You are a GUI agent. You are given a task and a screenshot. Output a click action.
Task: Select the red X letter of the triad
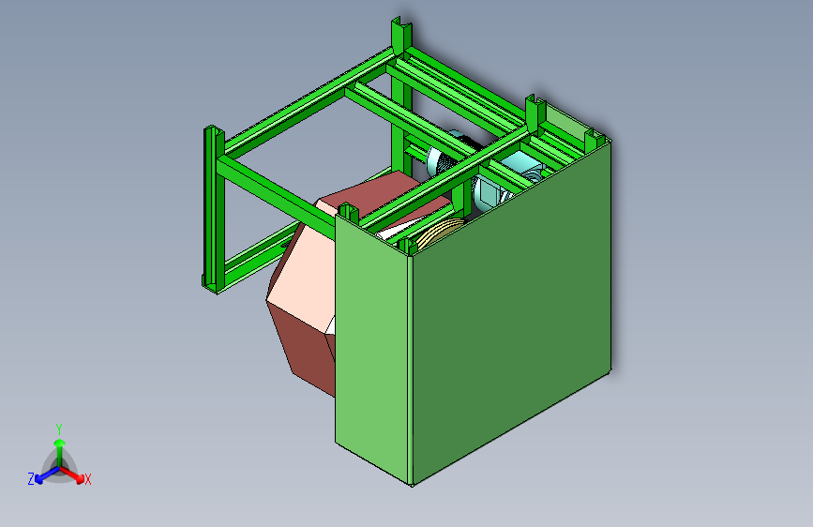pyautogui.click(x=88, y=479)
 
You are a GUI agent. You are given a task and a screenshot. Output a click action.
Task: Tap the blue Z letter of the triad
pyautogui.click(x=31, y=478)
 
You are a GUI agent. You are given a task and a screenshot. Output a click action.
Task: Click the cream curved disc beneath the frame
pyautogui.click(x=436, y=231)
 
